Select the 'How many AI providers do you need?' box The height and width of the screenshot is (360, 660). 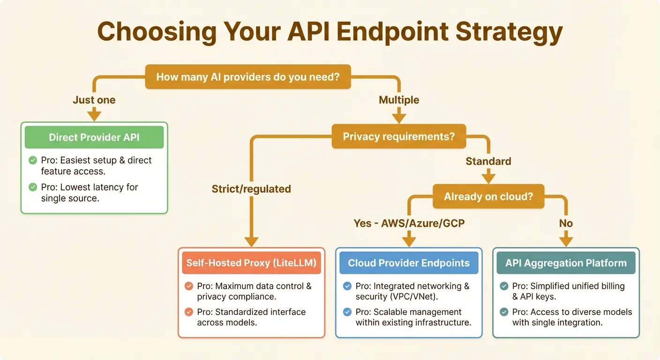248,76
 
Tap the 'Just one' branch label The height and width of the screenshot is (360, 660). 94,100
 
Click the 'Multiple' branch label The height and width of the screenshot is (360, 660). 399,100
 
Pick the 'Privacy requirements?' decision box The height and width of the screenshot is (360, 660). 398,136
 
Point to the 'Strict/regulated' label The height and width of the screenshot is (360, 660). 251,189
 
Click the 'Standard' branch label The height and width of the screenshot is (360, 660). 488,161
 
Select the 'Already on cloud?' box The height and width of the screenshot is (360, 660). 488,196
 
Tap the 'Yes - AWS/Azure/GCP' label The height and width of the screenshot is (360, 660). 409,223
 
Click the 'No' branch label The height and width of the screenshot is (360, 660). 566,223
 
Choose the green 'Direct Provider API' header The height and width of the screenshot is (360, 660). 94,137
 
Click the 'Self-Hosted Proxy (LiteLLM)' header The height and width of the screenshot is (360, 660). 251,263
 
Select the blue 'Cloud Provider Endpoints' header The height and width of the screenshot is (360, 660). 409,263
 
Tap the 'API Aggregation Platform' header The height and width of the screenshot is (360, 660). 566,263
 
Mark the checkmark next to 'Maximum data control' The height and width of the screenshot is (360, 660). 189,286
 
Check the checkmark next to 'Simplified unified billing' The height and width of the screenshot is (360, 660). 504,286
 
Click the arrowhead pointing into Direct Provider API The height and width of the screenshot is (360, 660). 94,115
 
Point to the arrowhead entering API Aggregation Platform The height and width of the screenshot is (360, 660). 566,241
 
